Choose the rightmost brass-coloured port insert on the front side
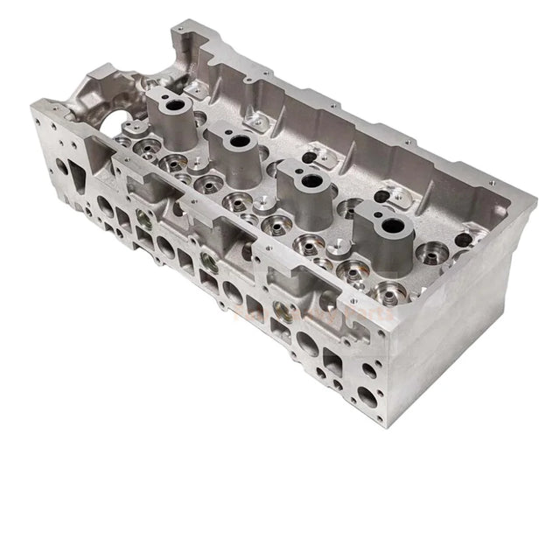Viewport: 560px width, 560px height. (280, 306)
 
